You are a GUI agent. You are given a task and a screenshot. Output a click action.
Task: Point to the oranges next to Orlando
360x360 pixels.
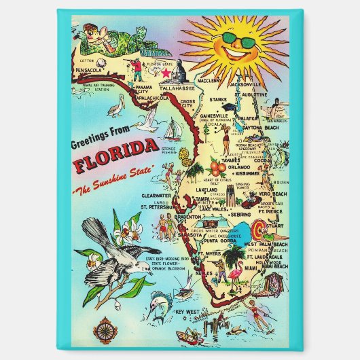coord(218,166)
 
